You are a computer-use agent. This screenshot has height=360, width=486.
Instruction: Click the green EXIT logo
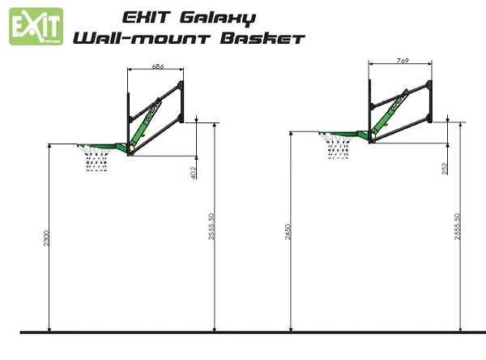coord(36,27)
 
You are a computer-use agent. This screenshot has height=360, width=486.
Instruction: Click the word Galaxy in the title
coord(218,19)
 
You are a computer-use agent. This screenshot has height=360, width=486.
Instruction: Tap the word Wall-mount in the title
coord(142,38)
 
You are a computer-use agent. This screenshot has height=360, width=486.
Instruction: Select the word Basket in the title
coord(262,38)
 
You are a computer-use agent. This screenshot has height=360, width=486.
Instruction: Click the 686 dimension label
coord(158,66)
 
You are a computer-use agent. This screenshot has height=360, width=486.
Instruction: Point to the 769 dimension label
coord(403,61)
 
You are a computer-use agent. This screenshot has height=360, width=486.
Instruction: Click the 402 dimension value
coord(194,173)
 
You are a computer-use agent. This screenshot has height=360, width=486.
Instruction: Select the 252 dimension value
coord(445,169)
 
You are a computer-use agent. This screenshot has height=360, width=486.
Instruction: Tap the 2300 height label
coord(46,238)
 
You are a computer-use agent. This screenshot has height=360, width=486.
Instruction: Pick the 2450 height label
coord(288,232)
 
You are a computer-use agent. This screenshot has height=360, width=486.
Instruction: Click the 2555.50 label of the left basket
coord(211,226)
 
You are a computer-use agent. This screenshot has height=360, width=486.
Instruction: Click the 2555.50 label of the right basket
coord(457,226)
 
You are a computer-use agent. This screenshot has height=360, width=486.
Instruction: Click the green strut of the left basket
coord(144,123)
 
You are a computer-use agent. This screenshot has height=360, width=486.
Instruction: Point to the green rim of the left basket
coord(102,147)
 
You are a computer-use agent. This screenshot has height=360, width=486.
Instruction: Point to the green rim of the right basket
coord(343,134)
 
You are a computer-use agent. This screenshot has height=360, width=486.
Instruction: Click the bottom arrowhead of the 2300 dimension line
coord(49,328)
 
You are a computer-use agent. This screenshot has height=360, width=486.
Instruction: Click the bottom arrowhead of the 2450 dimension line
coord(291,328)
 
